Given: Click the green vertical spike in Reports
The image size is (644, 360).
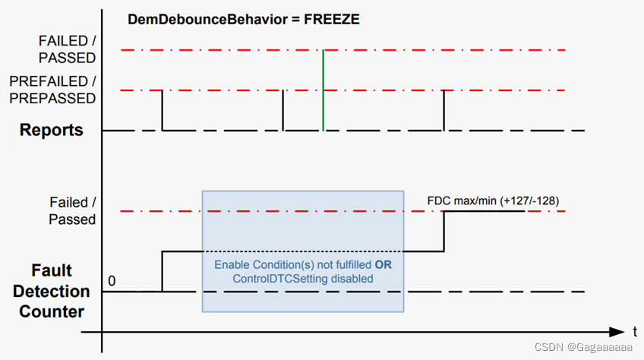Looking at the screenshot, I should click(x=324, y=90).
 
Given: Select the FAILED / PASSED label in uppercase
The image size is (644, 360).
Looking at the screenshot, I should click(x=68, y=49).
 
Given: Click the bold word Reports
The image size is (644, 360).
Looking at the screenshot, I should click(x=52, y=130).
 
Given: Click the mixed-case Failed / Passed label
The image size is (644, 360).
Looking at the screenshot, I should click(x=73, y=210).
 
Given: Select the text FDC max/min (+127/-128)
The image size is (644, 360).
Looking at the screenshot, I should click(x=493, y=201).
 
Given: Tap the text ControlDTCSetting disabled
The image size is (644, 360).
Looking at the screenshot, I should click(x=303, y=279).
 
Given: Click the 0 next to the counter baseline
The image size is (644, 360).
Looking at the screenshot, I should click(x=112, y=281).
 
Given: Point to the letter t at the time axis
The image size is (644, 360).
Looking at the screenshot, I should click(x=634, y=331).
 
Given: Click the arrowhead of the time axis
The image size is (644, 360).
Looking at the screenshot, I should click(x=617, y=332).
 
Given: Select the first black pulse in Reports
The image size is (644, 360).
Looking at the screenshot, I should click(x=162, y=110).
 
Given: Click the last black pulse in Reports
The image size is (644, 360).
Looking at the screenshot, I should click(x=444, y=110).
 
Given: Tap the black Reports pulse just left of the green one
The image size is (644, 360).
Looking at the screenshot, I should click(x=283, y=110).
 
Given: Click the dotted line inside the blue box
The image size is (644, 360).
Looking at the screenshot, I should click(x=302, y=251).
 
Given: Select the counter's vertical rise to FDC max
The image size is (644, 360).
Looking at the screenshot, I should click(x=444, y=231).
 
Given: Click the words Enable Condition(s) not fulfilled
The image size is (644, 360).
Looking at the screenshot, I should click(x=292, y=265).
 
